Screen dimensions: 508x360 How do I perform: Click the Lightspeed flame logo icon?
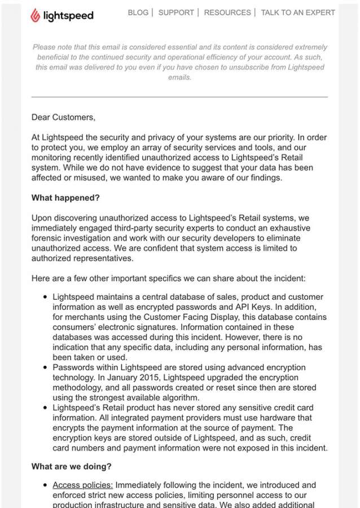pos(36,15)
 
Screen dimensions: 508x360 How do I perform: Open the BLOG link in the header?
pos(138,12)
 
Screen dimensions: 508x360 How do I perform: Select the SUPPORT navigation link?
pos(176,12)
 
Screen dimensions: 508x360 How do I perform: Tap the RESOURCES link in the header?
pos(228,12)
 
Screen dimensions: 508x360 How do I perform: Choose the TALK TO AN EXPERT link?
pos(297,12)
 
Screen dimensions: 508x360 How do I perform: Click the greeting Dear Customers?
pos(63,117)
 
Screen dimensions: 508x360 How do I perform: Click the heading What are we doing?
pos(71,466)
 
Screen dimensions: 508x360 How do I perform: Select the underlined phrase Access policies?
pos(82,485)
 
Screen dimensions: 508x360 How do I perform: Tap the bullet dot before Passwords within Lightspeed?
pos(45,368)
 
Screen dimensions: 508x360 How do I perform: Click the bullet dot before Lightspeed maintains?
pos(45,297)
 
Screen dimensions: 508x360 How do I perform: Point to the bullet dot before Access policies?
pos(45,485)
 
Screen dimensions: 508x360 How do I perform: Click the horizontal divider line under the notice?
pos(179,97)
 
